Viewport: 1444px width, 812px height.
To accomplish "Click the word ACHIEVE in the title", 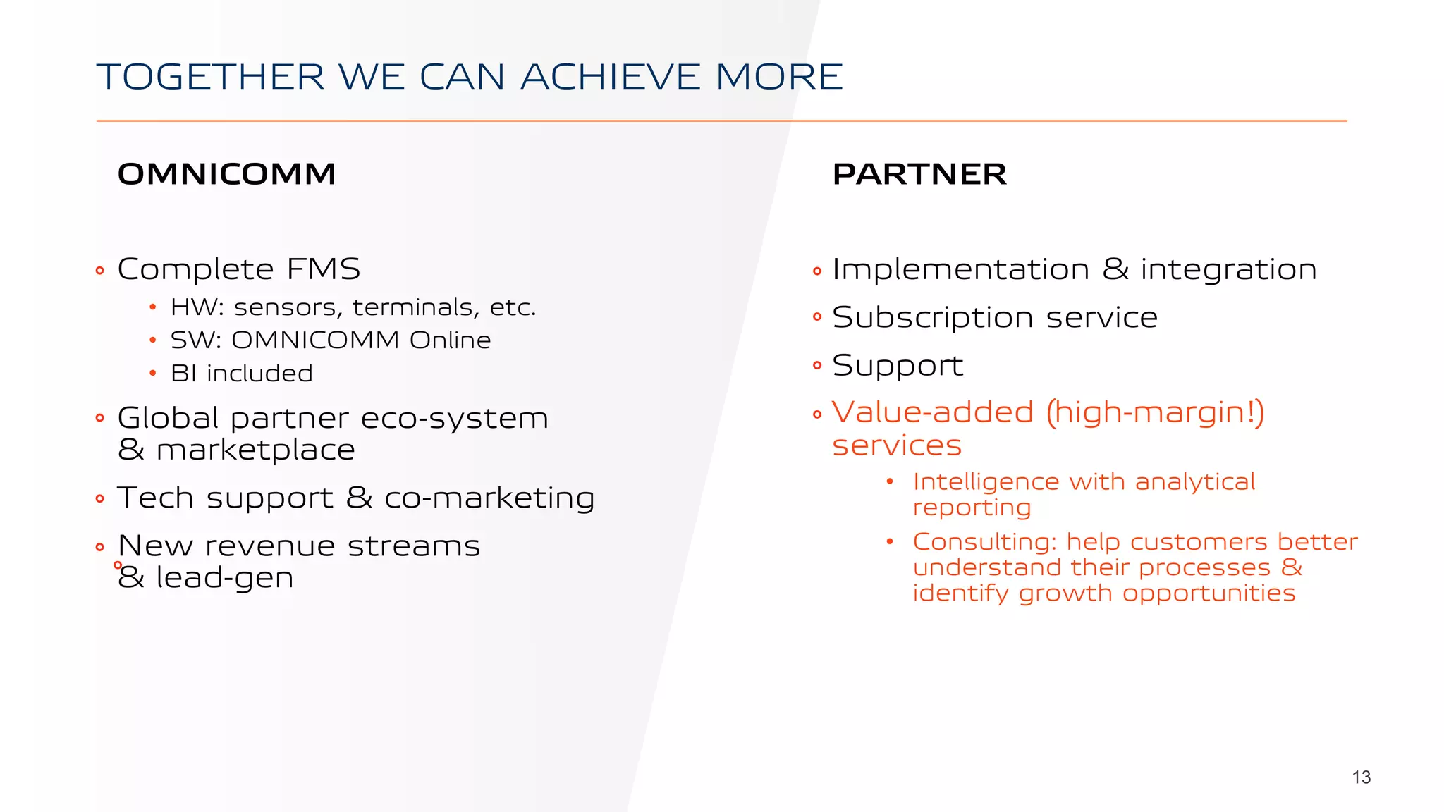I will tap(611, 77).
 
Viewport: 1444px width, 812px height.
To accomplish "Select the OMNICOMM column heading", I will tap(226, 174).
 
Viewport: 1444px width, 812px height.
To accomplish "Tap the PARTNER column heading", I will tap(919, 174).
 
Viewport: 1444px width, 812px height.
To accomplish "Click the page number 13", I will tap(1361, 777).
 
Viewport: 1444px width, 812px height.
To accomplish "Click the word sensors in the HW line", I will tap(289, 308).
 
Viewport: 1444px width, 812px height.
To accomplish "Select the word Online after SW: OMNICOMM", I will tap(450, 340).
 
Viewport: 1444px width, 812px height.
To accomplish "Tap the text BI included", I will tap(241, 374).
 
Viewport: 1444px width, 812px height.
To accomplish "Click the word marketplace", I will tap(255, 450).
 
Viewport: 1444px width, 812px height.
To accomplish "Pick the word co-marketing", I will tap(489, 498).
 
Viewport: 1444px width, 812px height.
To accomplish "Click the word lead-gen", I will tap(224, 578).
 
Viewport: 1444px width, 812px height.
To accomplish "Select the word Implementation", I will tap(960, 270).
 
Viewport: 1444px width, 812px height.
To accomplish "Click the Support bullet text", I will tap(897, 366).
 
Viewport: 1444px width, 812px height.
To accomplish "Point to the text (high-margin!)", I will tap(1155, 413).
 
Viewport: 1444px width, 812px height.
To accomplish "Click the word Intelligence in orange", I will tap(986, 482).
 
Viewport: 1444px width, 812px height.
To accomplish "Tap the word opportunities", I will tap(1209, 593).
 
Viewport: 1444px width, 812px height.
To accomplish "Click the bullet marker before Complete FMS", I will tap(99, 271).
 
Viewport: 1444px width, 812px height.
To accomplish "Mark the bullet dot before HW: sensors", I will tap(152, 308).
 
